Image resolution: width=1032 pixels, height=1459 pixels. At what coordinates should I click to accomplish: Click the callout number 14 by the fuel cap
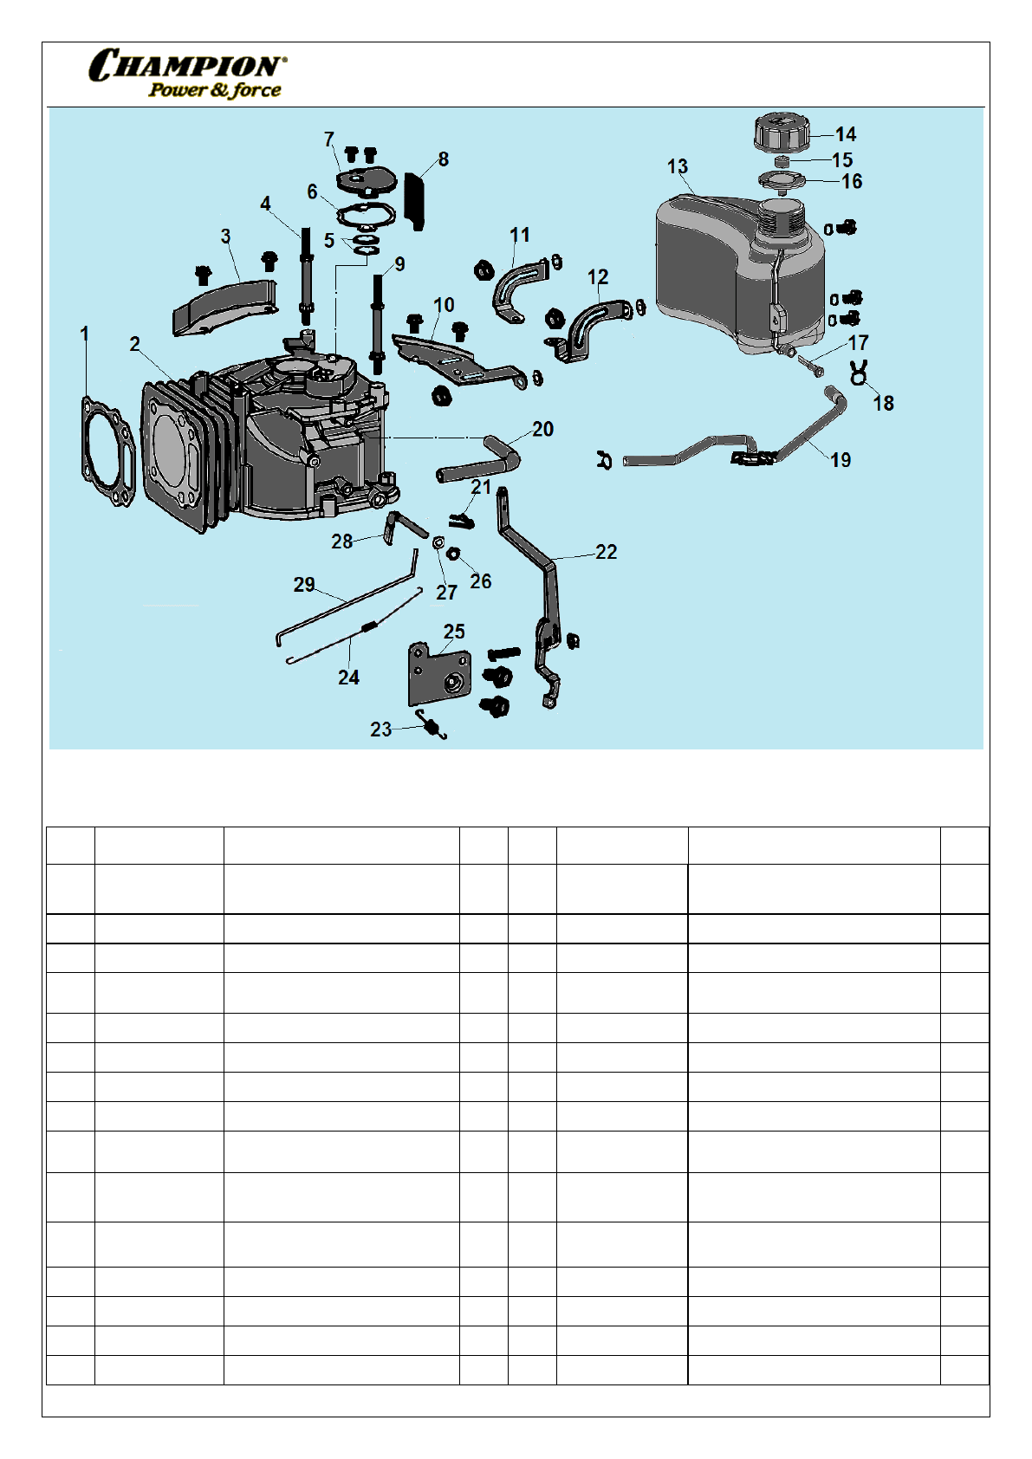[x=845, y=134]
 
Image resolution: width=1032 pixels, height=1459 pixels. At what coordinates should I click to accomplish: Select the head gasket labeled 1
[x=107, y=451]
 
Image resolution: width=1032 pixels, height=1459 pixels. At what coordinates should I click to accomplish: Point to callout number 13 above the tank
[x=677, y=166]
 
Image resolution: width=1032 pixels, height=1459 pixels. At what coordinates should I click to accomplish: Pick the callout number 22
[x=606, y=552]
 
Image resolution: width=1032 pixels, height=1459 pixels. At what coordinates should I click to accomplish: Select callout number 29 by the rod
[x=304, y=585]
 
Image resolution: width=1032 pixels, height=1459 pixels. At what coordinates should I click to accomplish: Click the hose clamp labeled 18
[x=859, y=373]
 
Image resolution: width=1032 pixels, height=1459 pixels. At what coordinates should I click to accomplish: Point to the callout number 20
[x=542, y=429]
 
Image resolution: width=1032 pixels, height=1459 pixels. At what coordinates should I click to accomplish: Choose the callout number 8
[x=444, y=159]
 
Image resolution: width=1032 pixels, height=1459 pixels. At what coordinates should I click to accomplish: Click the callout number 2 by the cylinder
[x=134, y=344]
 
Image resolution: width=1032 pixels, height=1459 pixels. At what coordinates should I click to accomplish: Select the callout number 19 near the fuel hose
[x=841, y=460]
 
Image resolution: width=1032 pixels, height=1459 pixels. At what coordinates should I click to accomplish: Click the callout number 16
[x=851, y=181]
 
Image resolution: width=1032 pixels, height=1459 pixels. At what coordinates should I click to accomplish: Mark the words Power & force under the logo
[x=215, y=90]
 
